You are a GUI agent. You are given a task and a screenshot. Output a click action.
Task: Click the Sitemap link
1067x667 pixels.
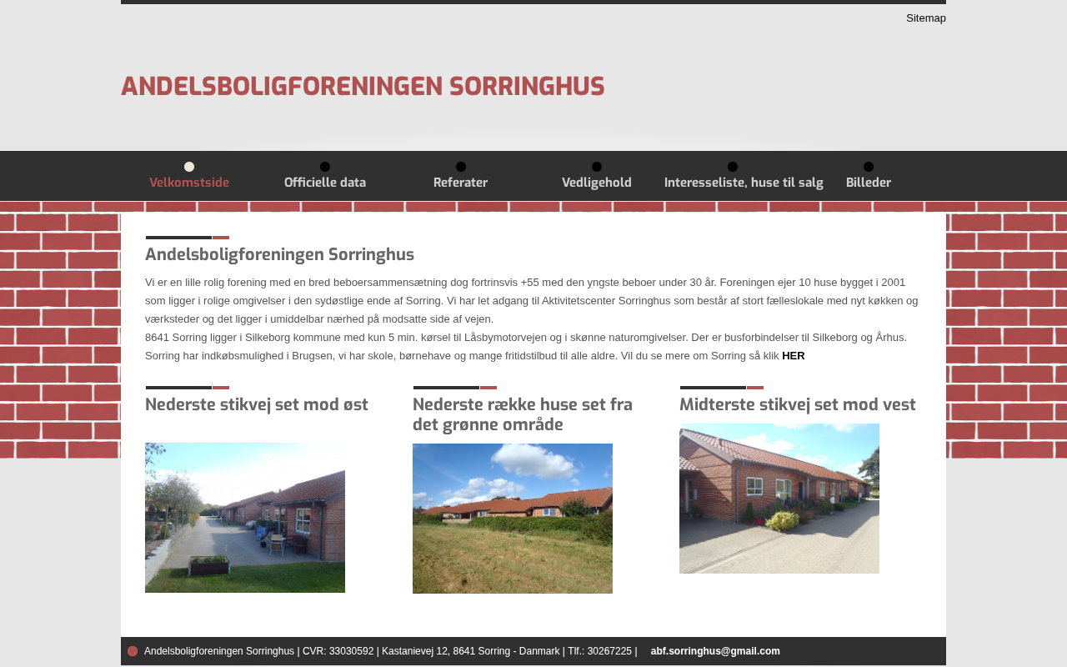[x=925, y=18]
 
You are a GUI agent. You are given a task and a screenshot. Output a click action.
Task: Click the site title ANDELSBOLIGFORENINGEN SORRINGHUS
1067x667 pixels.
[x=363, y=87]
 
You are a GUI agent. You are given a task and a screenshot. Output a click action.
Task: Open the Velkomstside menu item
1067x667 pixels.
[x=189, y=183]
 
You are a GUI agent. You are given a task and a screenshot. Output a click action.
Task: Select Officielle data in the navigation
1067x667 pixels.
[x=325, y=183]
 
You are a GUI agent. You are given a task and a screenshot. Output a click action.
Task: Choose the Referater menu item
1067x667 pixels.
[x=460, y=183]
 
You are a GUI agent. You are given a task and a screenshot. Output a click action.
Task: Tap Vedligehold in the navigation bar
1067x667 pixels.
[x=597, y=183]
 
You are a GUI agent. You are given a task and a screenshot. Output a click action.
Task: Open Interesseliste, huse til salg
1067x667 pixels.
[x=744, y=183]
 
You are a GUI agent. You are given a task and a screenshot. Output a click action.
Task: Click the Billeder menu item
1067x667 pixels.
[x=869, y=183]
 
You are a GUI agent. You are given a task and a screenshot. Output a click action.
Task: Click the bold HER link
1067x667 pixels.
[x=794, y=356]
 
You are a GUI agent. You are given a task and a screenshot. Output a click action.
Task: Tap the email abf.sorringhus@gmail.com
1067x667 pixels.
[x=715, y=651]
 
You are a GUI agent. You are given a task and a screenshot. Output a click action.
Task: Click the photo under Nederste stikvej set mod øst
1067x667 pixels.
[x=245, y=518]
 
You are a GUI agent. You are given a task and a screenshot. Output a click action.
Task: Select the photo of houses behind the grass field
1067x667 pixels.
[x=513, y=519]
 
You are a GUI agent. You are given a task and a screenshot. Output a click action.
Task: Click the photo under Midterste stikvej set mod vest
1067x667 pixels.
[x=779, y=499]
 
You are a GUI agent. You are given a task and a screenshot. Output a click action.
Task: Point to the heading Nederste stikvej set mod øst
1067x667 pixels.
[x=257, y=405]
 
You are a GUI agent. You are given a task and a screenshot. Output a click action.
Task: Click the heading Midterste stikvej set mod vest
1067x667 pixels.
[x=798, y=405]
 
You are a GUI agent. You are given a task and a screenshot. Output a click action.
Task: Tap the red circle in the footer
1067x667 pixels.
[x=133, y=651]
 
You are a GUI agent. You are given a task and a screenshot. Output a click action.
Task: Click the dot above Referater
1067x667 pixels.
[x=461, y=167]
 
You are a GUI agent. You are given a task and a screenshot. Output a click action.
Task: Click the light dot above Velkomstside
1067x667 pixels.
[x=189, y=167]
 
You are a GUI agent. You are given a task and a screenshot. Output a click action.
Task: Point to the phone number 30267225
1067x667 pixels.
[x=609, y=651]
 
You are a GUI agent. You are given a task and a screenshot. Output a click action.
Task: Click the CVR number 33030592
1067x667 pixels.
[x=351, y=651]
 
